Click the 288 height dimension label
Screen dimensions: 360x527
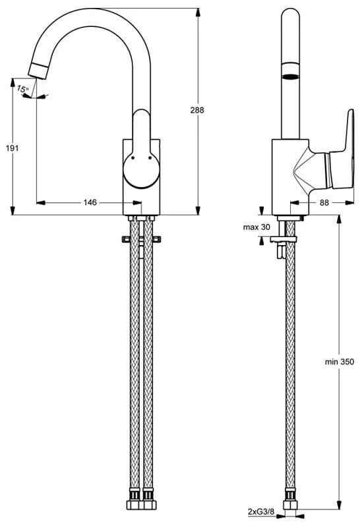(197, 110)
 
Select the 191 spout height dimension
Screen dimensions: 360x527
(13, 148)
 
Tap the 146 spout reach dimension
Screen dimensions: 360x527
(90, 202)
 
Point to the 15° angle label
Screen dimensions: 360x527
(23, 90)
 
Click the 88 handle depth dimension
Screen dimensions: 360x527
(324, 202)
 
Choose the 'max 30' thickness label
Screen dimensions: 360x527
(256, 227)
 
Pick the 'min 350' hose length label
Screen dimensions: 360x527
(340, 362)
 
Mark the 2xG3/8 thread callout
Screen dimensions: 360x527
(261, 512)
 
